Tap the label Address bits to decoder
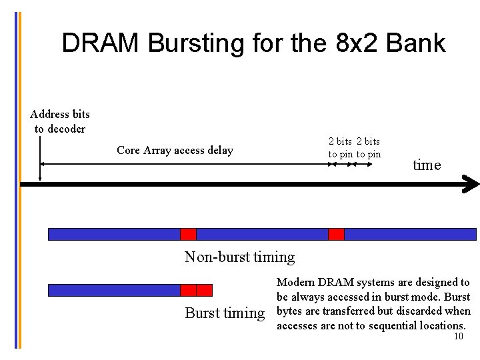coord(60,121)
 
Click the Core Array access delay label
coord(175,150)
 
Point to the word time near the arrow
coord(427,165)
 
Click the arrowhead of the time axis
coord(471,185)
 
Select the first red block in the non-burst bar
coord(188,234)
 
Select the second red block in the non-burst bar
coord(336,234)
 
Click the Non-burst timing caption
coord(239,257)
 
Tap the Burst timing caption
coord(225,313)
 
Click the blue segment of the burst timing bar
coord(114,290)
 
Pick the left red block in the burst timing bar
coord(188,290)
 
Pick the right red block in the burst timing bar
coord(204,290)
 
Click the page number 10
coord(458,337)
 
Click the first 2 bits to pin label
coord(341,147)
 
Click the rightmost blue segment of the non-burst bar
coord(409,234)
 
